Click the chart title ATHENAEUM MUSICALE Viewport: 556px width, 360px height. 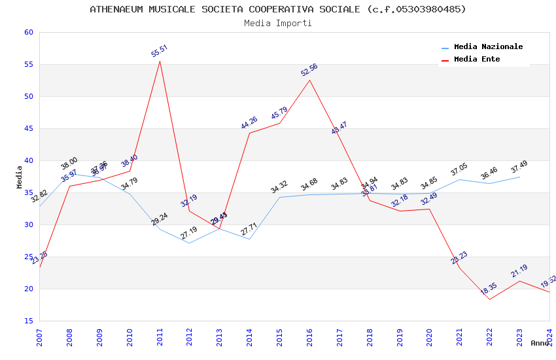[278, 9]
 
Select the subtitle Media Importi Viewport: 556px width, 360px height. [278, 23]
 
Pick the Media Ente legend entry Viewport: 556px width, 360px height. [477, 59]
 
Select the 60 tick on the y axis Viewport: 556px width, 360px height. [27, 32]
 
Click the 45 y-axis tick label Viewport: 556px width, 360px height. [27, 128]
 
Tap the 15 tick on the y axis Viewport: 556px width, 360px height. [27, 321]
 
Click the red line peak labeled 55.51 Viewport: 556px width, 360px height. [160, 61]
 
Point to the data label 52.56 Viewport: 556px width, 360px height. [309, 70]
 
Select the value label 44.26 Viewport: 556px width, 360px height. [249, 122]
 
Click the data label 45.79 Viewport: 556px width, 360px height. [279, 113]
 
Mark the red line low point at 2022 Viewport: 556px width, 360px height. [489, 299]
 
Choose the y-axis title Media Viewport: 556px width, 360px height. [20, 177]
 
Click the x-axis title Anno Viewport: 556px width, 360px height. [540, 343]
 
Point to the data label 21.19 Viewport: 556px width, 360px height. [519, 271]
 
